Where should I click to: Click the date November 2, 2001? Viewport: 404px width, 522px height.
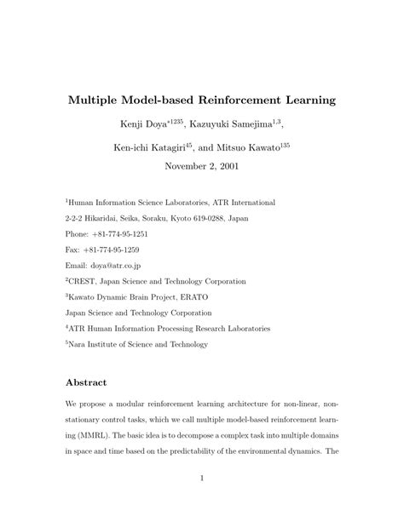201,166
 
